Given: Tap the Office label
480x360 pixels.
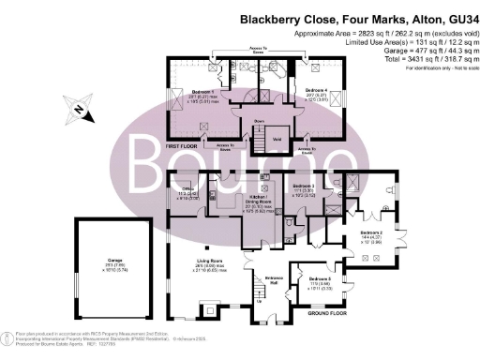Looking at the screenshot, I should [187, 193].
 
